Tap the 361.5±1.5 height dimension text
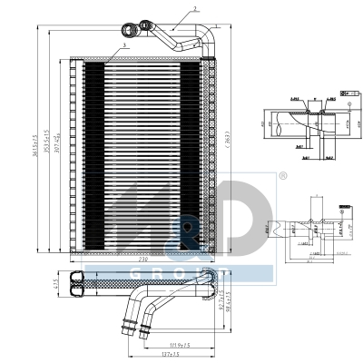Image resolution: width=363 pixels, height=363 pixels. (x=34, y=144)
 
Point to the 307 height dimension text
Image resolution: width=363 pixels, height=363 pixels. (x=58, y=145)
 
